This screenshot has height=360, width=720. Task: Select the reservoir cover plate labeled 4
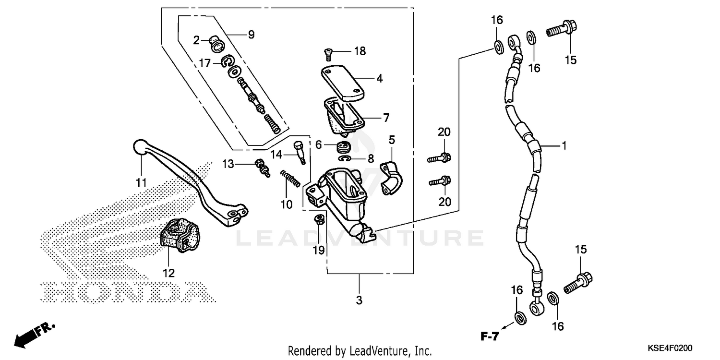[349, 84]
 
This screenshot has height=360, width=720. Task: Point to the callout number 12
[168, 273]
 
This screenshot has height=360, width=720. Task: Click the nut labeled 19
[318, 220]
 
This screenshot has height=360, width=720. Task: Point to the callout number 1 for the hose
[564, 145]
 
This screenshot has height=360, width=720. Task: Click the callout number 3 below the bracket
[360, 301]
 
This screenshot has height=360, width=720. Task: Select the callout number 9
[251, 35]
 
